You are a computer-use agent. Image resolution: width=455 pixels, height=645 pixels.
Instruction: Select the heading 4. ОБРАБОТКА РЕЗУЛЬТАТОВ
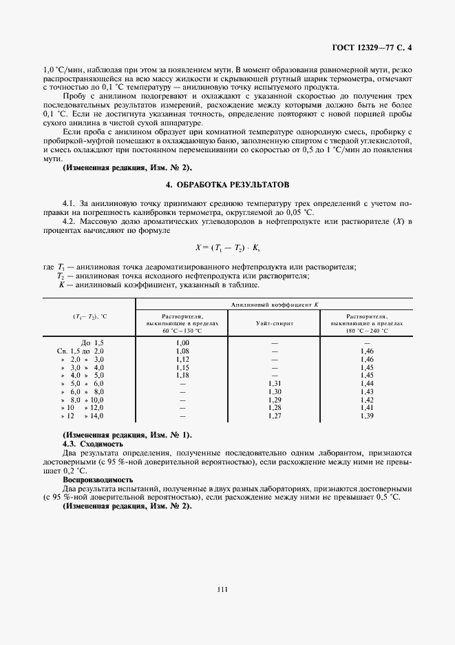point(227,185)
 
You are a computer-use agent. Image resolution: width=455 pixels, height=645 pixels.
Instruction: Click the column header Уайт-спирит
point(273,322)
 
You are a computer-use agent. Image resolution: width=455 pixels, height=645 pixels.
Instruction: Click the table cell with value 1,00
point(182,342)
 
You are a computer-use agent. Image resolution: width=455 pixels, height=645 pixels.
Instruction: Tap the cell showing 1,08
point(182,351)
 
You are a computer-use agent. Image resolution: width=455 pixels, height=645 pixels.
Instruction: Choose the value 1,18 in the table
point(182,375)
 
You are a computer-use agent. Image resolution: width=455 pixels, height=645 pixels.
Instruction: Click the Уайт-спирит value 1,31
point(273,383)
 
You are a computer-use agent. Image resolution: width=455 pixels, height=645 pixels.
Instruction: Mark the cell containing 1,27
point(273,416)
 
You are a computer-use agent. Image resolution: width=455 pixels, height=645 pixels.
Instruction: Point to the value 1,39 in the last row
point(366,416)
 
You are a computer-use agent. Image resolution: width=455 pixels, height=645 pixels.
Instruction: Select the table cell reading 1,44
point(366,383)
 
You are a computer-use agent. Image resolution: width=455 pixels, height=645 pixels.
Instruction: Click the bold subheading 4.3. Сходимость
point(92,444)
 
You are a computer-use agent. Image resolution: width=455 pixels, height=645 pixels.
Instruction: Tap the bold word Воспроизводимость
point(98,479)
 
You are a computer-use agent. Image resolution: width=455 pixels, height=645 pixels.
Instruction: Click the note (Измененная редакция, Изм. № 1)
point(127,436)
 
